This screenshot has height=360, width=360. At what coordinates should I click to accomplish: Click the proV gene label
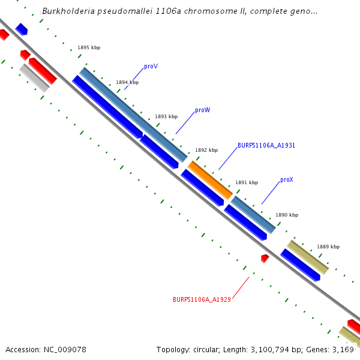(x=151, y=67)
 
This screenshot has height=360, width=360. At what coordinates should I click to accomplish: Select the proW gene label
(x=202, y=110)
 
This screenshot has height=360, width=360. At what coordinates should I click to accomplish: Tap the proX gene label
(x=286, y=180)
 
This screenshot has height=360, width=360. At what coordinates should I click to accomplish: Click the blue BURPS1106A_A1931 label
(x=266, y=145)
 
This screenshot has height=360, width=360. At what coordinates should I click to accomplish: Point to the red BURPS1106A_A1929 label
(x=202, y=299)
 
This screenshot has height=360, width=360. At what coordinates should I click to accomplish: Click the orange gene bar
(x=210, y=179)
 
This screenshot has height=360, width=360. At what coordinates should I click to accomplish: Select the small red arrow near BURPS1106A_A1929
(x=265, y=258)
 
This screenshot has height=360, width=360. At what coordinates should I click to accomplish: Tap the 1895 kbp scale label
(x=89, y=47)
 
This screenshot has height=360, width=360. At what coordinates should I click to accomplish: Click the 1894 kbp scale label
(x=127, y=82)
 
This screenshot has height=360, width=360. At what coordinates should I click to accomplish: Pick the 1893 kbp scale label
(x=166, y=116)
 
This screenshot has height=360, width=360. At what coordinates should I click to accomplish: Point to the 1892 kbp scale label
(x=206, y=150)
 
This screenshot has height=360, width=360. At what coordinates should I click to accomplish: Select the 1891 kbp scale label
(x=246, y=182)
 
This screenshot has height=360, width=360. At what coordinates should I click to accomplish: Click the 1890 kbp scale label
(x=287, y=215)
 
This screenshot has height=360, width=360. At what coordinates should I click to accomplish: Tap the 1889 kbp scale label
(x=328, y=247)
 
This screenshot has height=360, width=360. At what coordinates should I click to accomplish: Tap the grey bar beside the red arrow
(x=34, y=78)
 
